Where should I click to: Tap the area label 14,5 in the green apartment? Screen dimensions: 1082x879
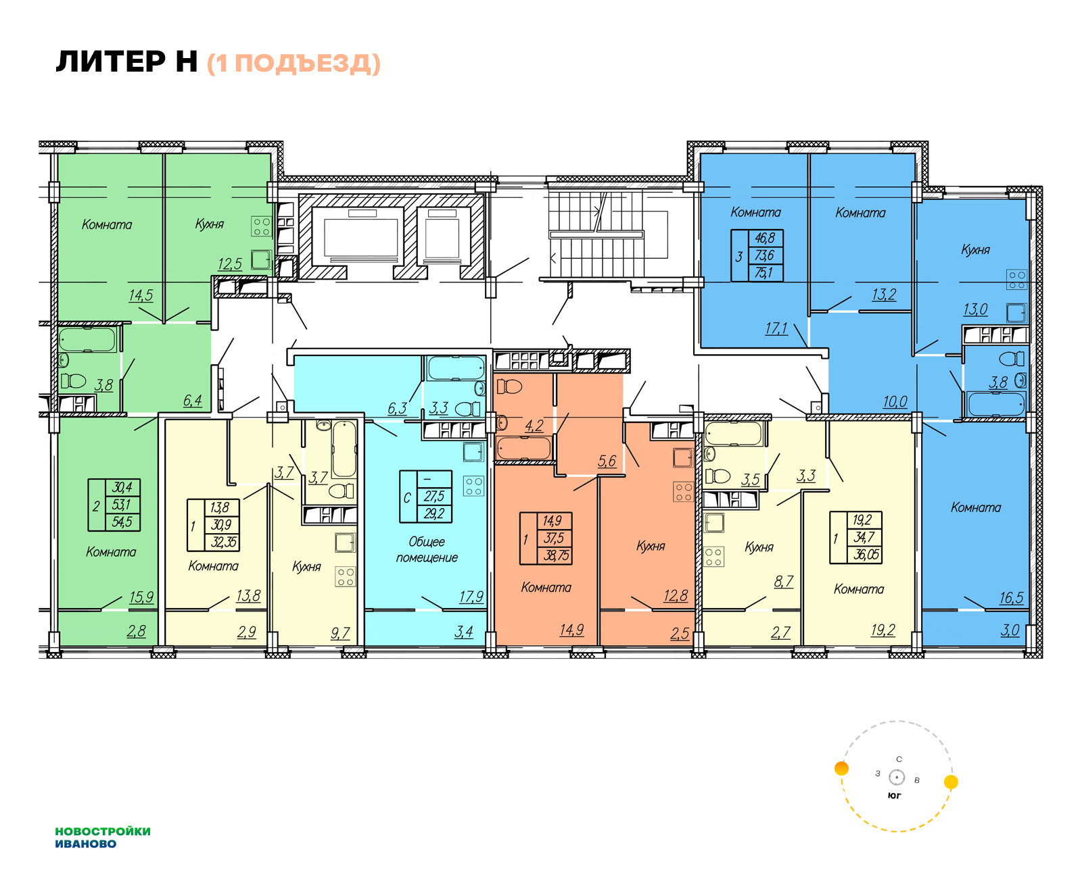pyautogui.click(x=141, y=295)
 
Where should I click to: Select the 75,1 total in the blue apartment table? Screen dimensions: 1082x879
pyautogui.click(x=764, y=273)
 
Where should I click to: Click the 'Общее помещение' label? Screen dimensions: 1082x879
pyautogui.click(x=427, y=549)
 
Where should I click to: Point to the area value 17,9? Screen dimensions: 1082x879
pyautogui.click(x=471, y=597)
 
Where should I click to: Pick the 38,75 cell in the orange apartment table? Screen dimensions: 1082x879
pyautogui.click(x=557, y=555)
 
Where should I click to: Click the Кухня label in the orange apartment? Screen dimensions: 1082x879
pyautogui.click(x=651, y=546)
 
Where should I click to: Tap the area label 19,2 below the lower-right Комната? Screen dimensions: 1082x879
pyautogui.click(x=883, y=630)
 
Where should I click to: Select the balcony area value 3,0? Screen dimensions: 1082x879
pyautogui.click(x=1010, y=630)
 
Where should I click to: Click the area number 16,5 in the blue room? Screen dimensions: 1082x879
pyautogui.click(x=1011, y=597)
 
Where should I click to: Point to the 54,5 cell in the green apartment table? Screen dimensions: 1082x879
pyautogui.click(x=122, y=522)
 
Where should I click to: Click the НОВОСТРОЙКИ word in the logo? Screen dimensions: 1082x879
pyautogui.click(x=103, y=831)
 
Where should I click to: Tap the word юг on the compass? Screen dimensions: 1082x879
pyautogui.click(x=894, y=795)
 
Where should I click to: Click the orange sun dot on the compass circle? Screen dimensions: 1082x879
pyautogui.click(x=841, y=768)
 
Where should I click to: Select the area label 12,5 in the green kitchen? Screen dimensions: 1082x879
pyautogui.click(x=229, y=264)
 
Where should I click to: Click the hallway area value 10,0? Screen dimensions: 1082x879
pyautogui.click(x=895, y=401)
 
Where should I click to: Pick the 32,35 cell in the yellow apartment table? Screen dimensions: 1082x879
pyautogui.click(x=223, y=542)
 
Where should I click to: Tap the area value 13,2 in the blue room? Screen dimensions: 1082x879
pyautogui.click(x=883, y=294)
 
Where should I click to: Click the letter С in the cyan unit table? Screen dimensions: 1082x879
pyautogui.click(x=407, y=497)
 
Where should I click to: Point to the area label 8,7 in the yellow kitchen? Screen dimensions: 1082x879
pyautogui.click(x=783, y=581)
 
